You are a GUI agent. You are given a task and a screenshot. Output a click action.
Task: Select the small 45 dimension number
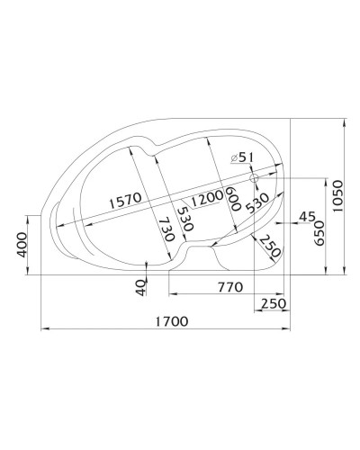click(306, 217)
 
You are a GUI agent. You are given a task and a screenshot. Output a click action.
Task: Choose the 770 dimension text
click(230, 287)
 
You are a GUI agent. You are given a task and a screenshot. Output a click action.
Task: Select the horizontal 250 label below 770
click(274, 303)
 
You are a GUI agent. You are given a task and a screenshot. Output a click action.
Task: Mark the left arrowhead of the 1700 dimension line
click(42, 331)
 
